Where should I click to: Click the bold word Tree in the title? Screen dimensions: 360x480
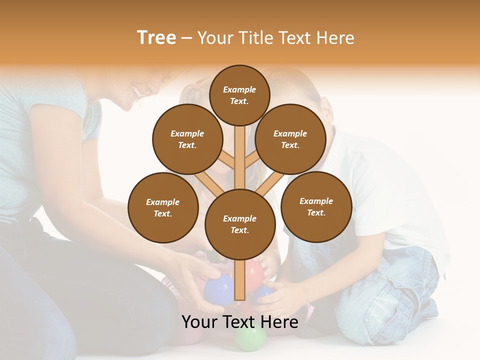tap(156, 37)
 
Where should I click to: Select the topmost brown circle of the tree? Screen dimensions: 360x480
tap(239, 95)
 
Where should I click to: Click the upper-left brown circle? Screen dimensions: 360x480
tap(187, 139)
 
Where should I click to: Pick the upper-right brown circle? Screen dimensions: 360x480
tap(290, 139)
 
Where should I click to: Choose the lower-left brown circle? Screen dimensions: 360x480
tap(163, 207)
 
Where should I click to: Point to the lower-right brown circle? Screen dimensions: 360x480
tap(316, 206)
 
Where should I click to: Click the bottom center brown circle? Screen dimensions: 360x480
tap(240, 224)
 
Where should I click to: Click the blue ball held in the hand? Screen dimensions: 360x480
tap(218, 290)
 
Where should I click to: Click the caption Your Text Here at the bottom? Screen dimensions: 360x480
tap(240, 322)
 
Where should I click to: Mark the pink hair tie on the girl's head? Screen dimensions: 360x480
tap(196, 86)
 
